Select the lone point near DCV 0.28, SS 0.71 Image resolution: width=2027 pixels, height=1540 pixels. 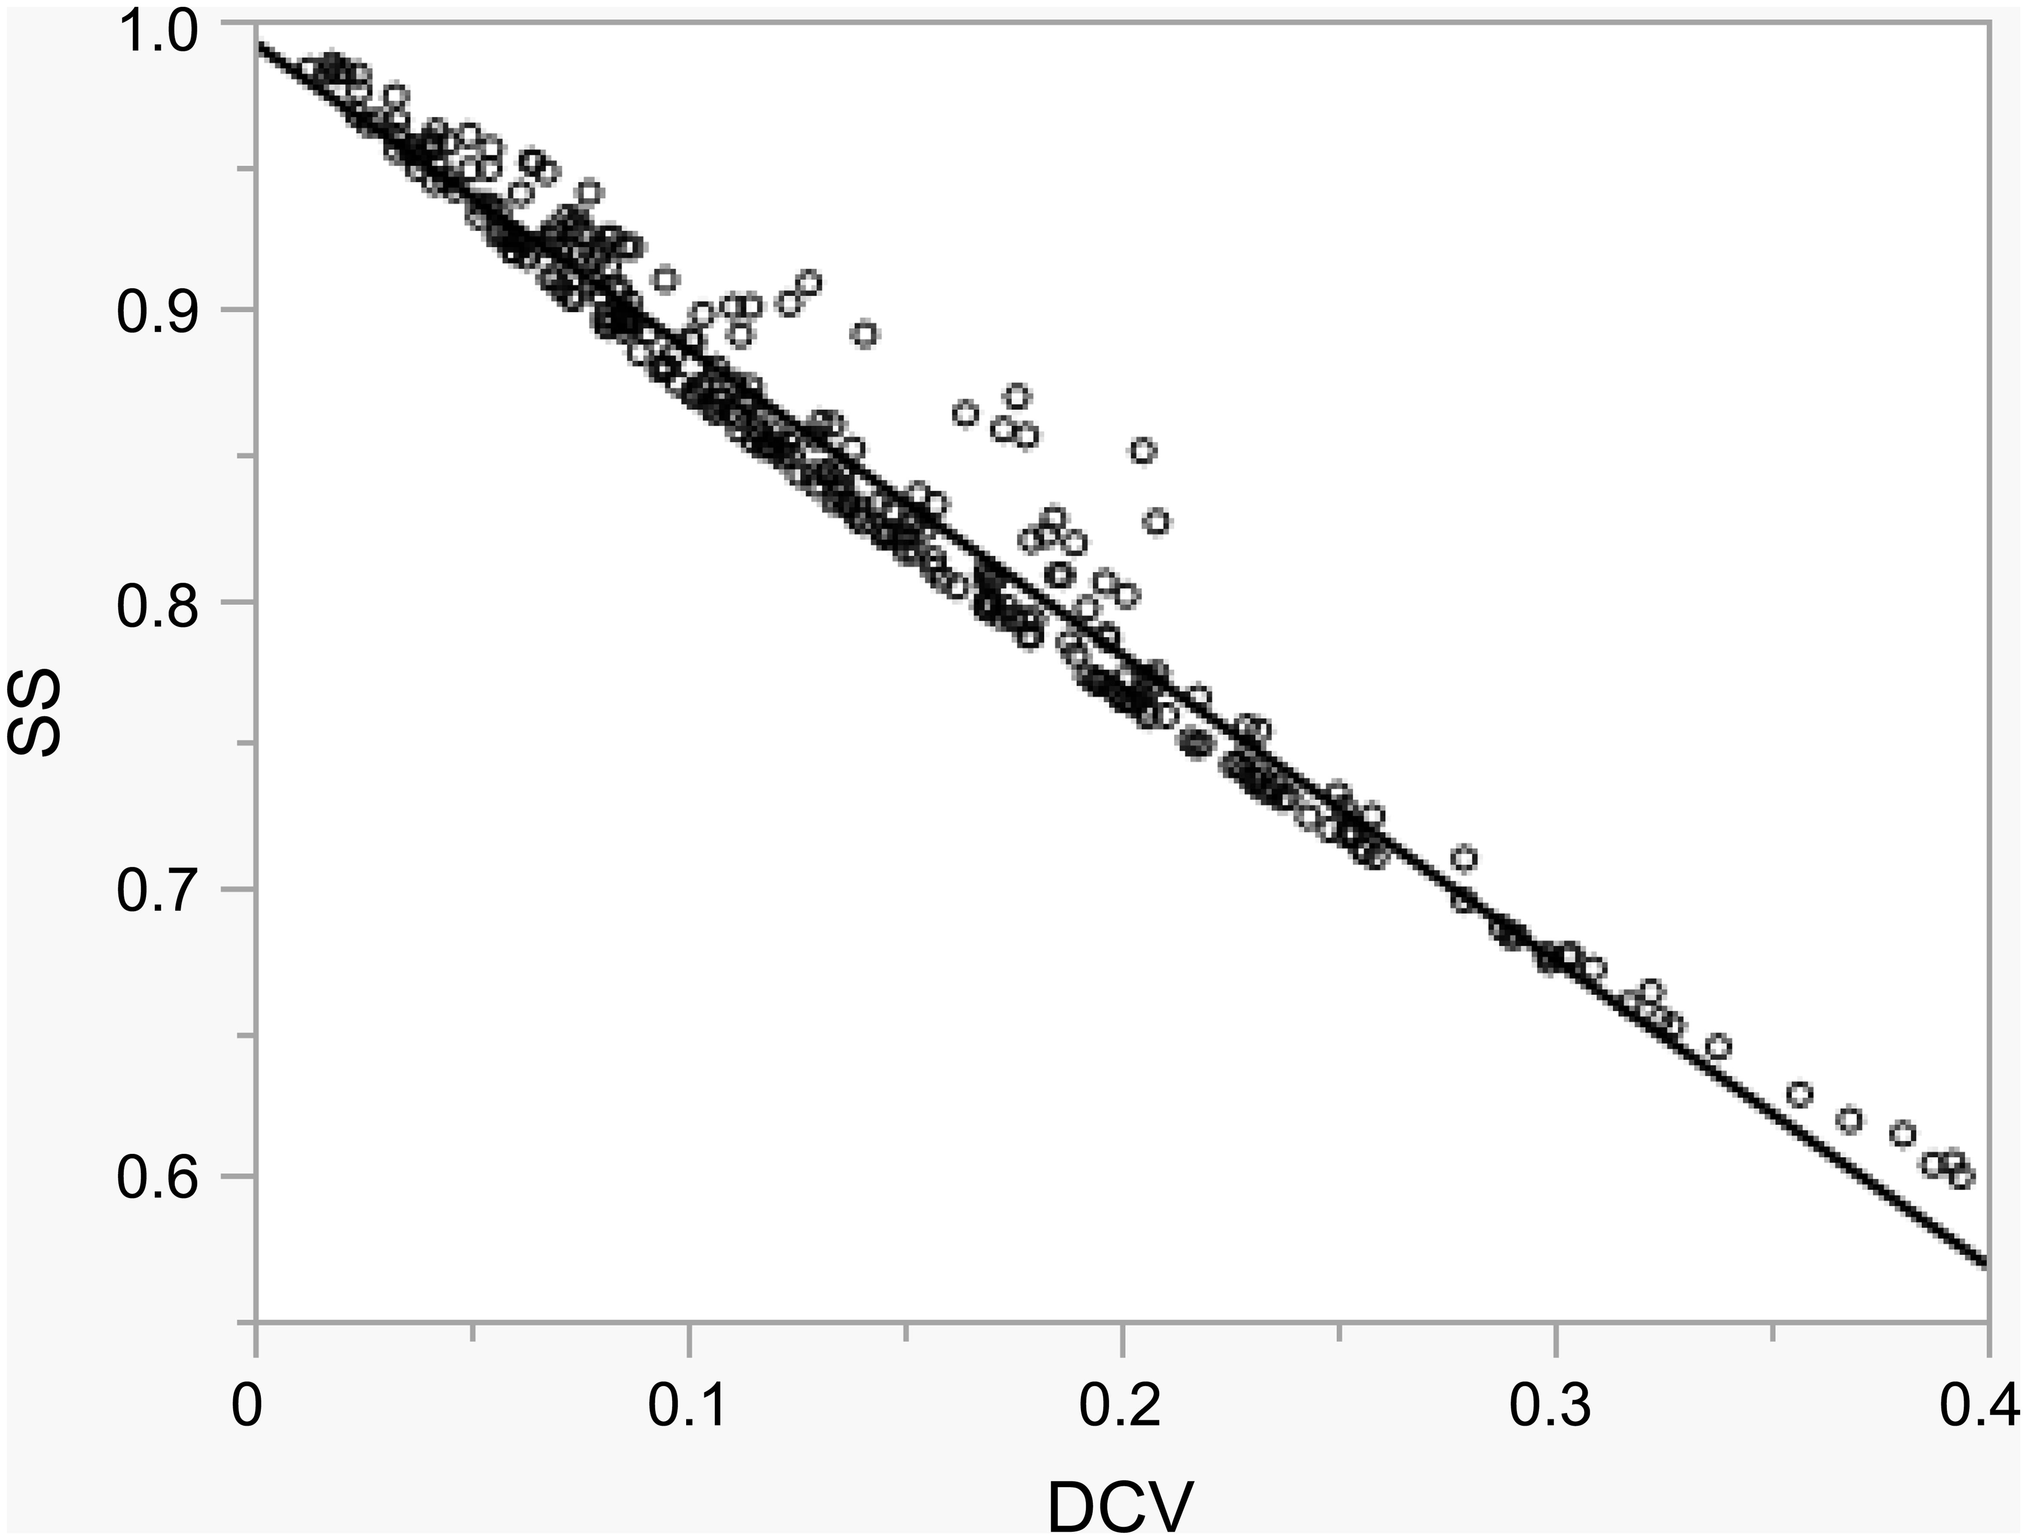tap(1465, 859)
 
